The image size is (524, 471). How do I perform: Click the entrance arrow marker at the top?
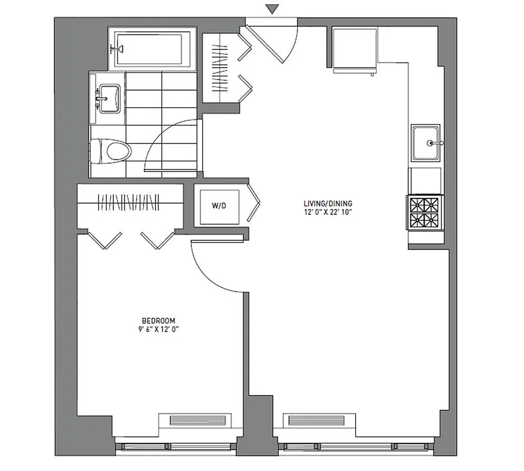pyautogui.click(x=271, y=9)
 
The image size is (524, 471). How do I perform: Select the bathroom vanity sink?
pyautogui.click(x=109, y=97)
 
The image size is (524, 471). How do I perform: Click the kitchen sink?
pyautogui.click(x=425, y=142)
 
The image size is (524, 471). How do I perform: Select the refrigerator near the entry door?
pyautogui.click(x=355, y=49)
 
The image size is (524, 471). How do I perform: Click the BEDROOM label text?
pyautogui.click(x=156, y=321)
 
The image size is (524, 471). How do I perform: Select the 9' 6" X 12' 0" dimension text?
pyautogui.click(x=156, y=330)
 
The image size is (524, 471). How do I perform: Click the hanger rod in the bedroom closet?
pyautogui.click(x=129, y=203)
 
